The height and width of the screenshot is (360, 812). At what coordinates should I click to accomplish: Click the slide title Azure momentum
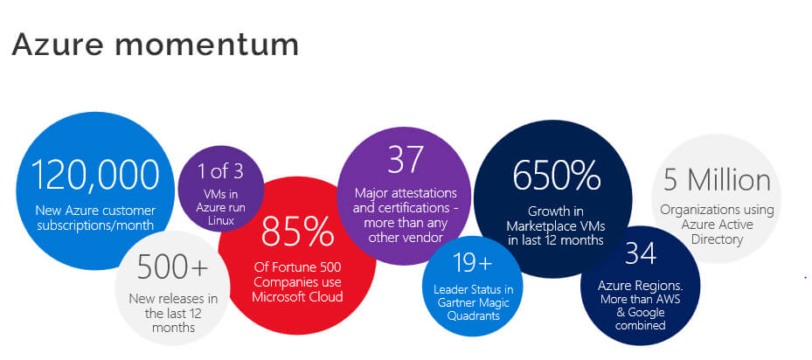[x=155, y=44]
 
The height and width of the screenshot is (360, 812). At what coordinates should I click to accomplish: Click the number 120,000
[x=96, y=175]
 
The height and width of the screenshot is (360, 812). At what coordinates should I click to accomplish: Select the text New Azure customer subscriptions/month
[x=95, y=218]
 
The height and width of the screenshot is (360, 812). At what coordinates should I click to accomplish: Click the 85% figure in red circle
[x=297, y=232]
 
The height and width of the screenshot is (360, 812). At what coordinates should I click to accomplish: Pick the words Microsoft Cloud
[x=297, y=296]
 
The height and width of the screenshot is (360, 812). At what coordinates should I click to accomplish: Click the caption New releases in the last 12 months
[x=171, y=313]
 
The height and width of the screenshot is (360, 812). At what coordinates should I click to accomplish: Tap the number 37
[x=404, y=159]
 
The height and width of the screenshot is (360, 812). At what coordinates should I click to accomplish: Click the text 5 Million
[x=717, y=179]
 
